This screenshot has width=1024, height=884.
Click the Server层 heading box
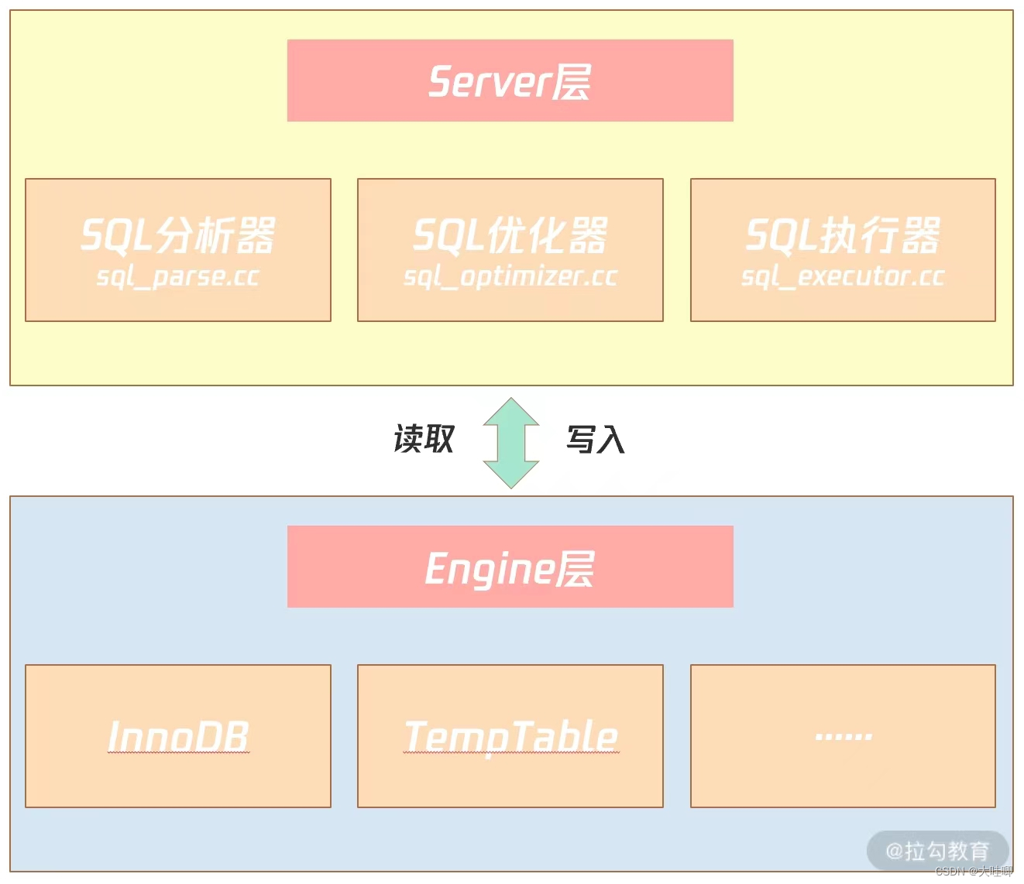[x=510, y=81]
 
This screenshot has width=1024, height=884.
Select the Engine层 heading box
[x=510, y=567]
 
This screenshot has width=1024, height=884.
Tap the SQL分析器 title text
[x=178, y=235]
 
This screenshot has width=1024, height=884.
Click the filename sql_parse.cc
[x=178, y=276]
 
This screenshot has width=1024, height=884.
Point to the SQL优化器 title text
[x=510, y=235]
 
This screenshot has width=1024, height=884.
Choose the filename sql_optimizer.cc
[x=510, y=276]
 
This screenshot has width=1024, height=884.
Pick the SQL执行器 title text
[x=843, y=235]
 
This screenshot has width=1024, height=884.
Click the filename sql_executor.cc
[x=843, y=276]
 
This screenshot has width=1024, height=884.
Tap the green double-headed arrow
[x=510, y=443]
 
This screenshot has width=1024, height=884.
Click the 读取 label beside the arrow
[x=424, y=439]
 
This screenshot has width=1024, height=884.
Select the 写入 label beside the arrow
[x=595, y=439]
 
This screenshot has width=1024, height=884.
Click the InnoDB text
[x=178, y=736]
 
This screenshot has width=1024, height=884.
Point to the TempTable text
[x=510, y=736]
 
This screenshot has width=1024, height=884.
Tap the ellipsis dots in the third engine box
[x=843, y=736]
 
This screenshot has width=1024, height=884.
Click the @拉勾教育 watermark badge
[x=937, y=851]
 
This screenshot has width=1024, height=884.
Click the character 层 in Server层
[x=572, y=81]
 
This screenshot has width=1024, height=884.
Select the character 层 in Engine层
[x=575, y=568]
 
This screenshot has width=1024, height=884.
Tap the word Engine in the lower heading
[x=490, y=568]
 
